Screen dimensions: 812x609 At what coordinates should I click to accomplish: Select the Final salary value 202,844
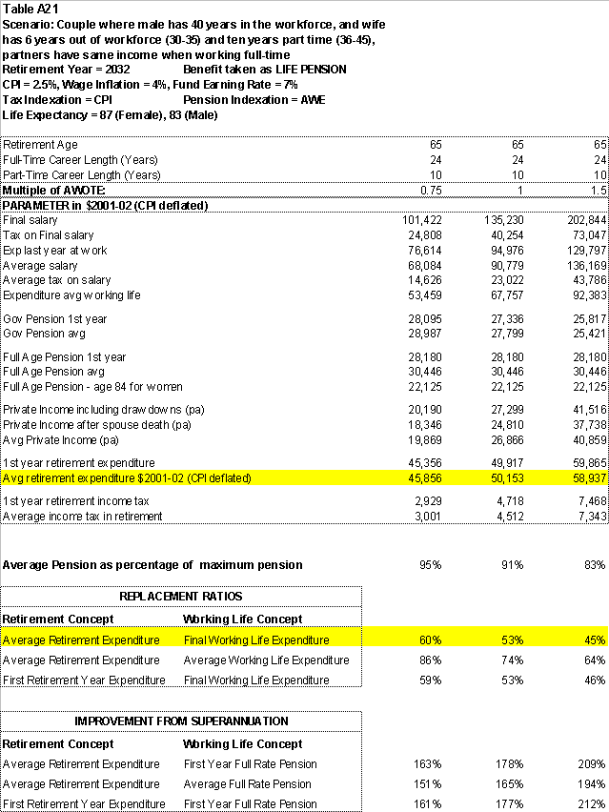pyautogui.click(x=584, y=220)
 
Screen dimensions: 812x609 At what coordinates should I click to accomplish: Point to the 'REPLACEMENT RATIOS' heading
pyautogui.click(x=180, y=596)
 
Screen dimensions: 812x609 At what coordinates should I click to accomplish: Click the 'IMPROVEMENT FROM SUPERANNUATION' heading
pyautogui.click(x=181, y=721)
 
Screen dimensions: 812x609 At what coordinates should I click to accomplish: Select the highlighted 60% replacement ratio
pyautogui.click(x=430, y=639)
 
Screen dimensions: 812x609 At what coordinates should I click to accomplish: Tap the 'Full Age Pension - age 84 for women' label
pyautogui.click(x=92, y=386)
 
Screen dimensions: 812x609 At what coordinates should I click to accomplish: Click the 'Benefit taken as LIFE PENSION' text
pyautogui.click(x=264, y=70)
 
